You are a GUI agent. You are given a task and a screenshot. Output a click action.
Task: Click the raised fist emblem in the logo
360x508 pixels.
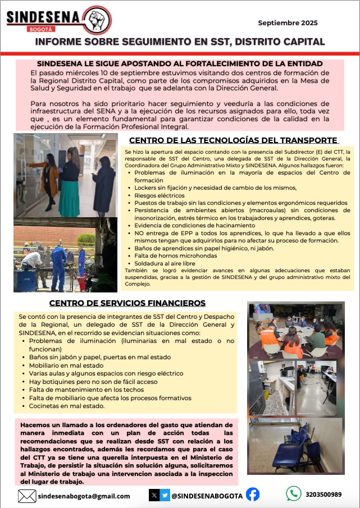click(x=97, y=19)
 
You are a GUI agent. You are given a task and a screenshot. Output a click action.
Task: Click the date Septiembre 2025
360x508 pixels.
click(x=288, y=23)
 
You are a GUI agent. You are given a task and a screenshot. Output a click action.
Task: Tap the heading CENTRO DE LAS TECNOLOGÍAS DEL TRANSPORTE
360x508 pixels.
click(x=234, y=140)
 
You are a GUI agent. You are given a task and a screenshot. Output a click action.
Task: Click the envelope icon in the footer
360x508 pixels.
click(x=27, y=496)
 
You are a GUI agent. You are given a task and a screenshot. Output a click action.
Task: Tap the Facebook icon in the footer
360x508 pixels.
click(x=253, y=495)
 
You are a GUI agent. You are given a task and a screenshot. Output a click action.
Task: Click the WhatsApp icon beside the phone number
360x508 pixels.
click(x=294, y=494)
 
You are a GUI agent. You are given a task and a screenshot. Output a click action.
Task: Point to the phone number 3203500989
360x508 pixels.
click(x=323, y=495)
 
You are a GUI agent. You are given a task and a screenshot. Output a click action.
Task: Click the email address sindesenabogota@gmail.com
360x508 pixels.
click(x=84, y=496)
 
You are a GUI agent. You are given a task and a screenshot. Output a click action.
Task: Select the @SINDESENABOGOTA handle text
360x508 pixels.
click(x=207, y=496)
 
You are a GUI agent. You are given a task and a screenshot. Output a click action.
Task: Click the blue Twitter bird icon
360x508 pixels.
click(x=165, y=495)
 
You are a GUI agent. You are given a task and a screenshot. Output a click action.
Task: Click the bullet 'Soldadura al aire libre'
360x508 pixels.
click(x=165, y=263)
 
